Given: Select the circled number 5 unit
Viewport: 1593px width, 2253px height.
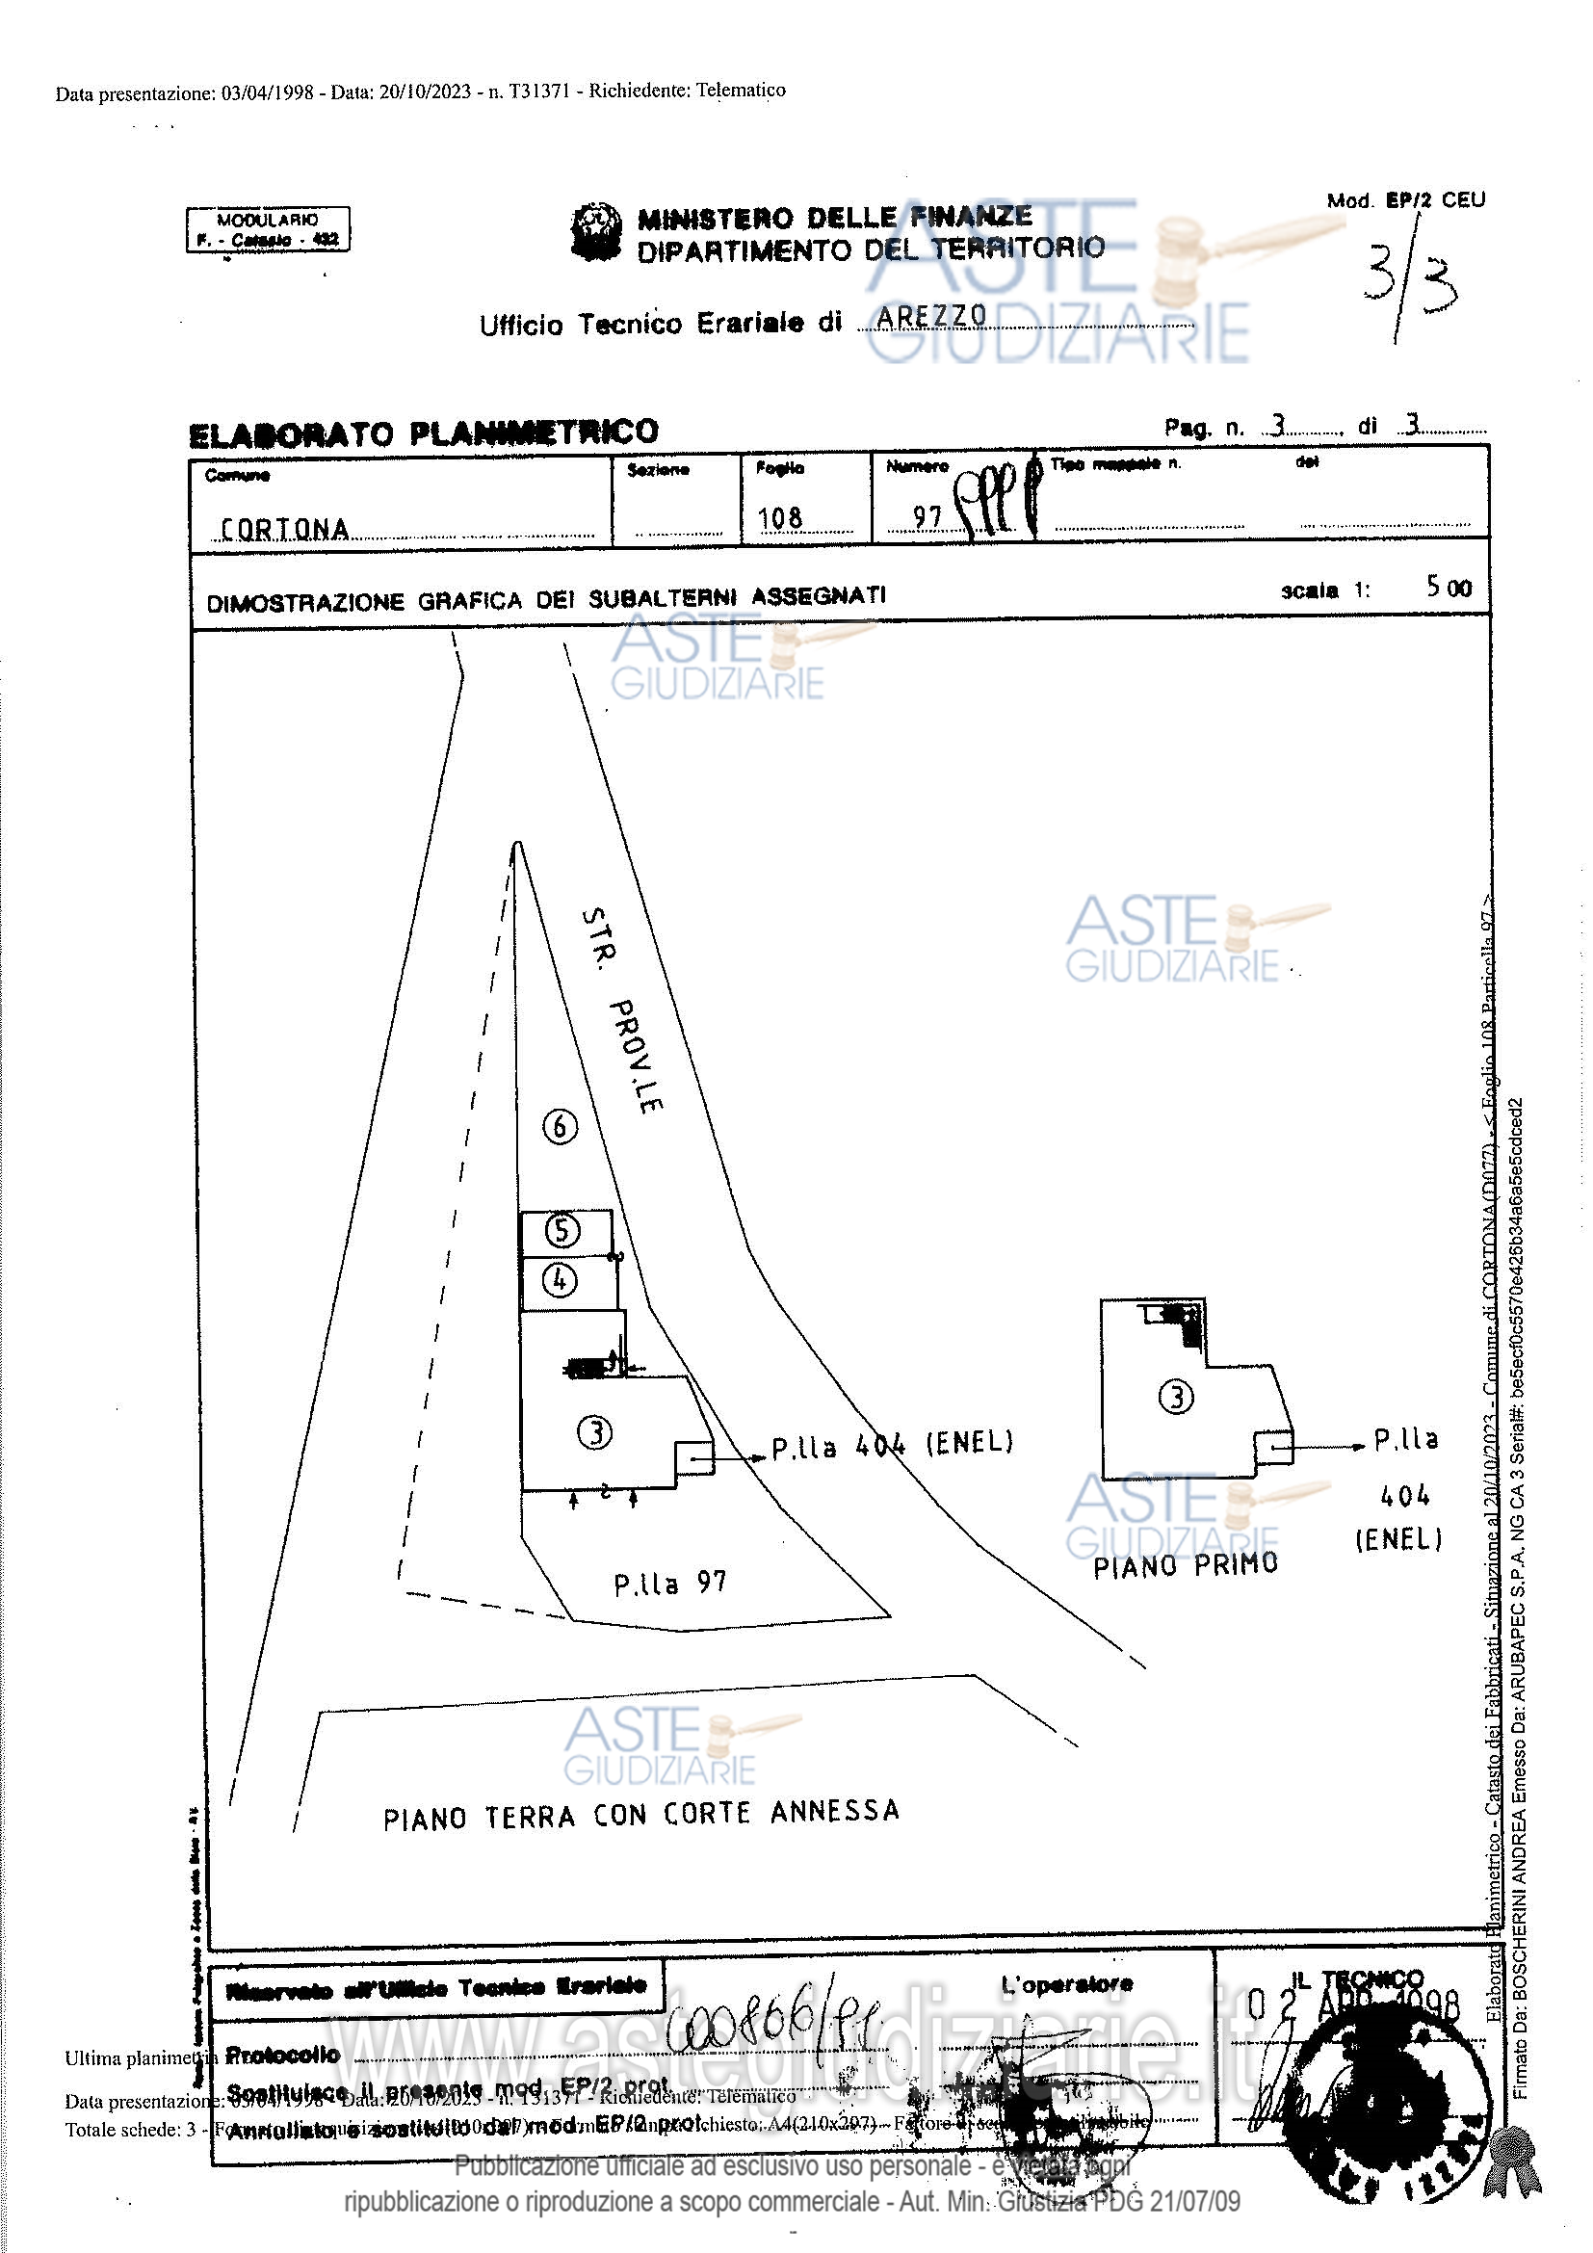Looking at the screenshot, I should (x=562, y=1229).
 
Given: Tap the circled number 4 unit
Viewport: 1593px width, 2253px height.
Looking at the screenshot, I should (x=561, y=1279).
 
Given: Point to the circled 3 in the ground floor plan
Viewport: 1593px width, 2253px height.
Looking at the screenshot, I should (x=595, y=1433).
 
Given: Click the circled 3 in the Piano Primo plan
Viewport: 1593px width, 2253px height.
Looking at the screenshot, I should (x=1176, y=1396).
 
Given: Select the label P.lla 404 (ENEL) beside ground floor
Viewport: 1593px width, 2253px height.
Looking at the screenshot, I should (x=892, y=1446).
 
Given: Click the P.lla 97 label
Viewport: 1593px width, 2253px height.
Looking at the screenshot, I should (x=670, y=1583).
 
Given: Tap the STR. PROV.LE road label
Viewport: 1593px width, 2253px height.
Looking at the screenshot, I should (x=622, y=1009).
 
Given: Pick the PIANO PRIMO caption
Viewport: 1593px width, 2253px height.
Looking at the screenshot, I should (x=1186, y=1564).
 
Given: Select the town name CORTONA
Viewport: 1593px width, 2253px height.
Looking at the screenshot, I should (x=284, y=530).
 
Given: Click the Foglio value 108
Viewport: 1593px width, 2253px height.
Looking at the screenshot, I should (x=780, y=518).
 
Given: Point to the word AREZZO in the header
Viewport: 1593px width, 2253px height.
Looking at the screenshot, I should (x=932, y=316).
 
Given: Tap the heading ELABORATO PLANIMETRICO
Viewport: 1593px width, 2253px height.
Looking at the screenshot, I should (x=423, y=432).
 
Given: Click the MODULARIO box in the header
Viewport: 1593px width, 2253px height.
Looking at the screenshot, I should (x=268, y=229).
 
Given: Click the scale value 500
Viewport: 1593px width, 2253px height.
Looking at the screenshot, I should (x=1449, y=588).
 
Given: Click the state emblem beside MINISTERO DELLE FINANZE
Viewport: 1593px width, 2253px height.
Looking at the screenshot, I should (x=596, y=232).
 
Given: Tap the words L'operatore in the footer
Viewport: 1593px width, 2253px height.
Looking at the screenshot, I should (x=1066, y=1984).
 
